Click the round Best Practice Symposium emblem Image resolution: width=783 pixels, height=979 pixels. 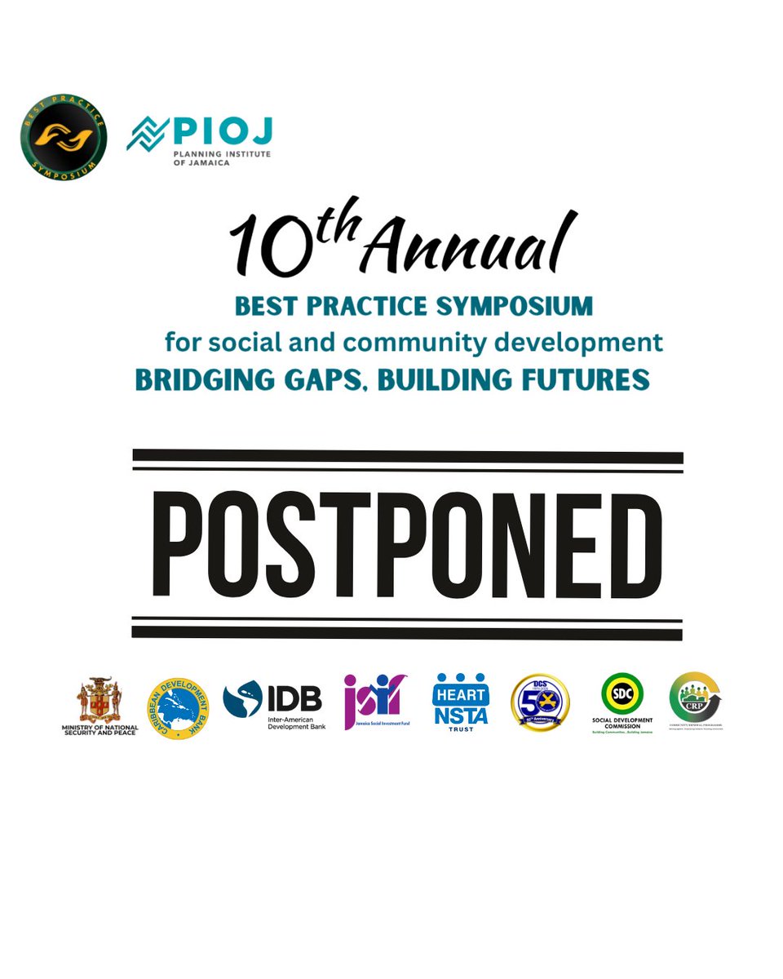64,135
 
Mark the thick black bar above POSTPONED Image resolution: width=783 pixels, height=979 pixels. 408,457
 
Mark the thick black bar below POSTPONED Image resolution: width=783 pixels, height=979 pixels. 407,631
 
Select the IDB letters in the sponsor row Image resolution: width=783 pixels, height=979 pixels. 295,698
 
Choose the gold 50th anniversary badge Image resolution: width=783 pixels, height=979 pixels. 540,702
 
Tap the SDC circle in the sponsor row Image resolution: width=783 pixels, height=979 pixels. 622,696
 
